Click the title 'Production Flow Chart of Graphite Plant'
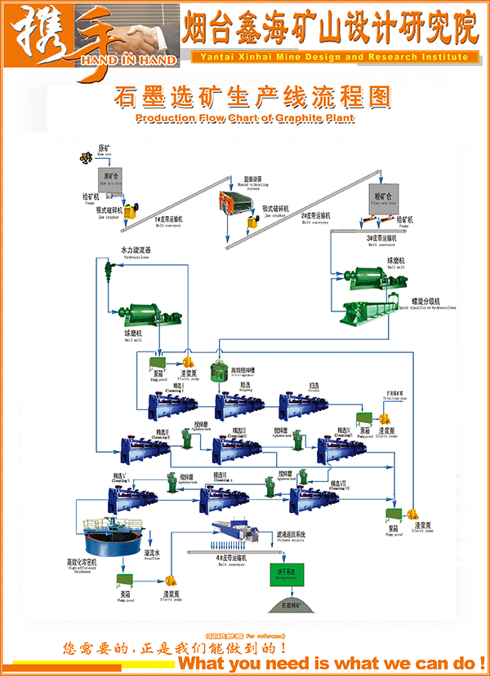pos(245,118)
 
